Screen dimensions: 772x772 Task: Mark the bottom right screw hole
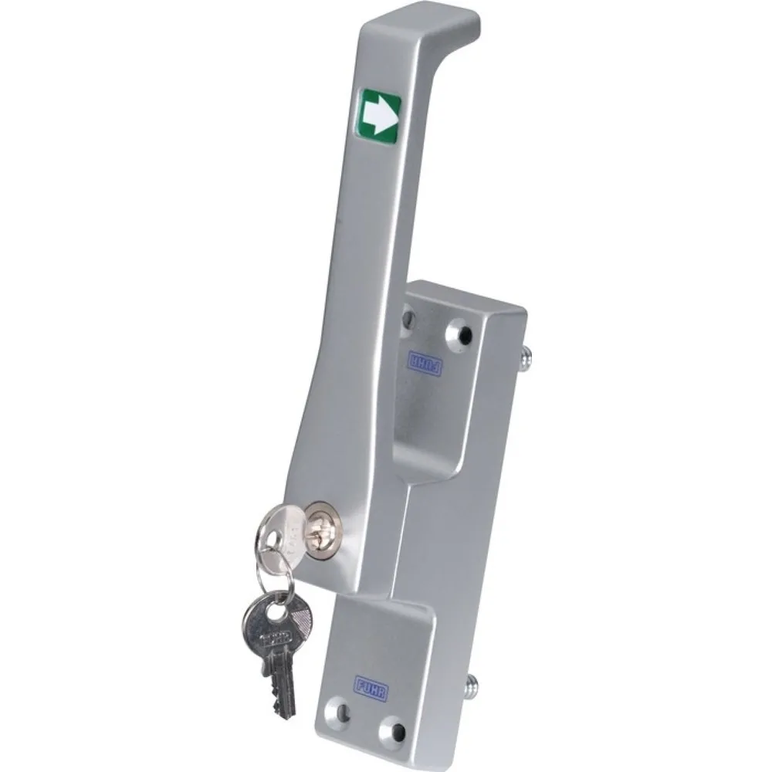coord(394,728)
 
